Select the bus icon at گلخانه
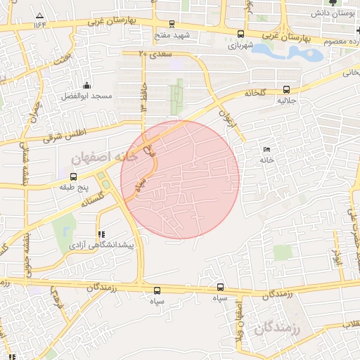[285, 89]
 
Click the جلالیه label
[285, 101]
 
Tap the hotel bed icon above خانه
[266, 149]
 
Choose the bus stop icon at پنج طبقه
[74, 176]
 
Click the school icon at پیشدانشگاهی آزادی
[101, 233]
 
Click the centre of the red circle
[180, 179]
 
